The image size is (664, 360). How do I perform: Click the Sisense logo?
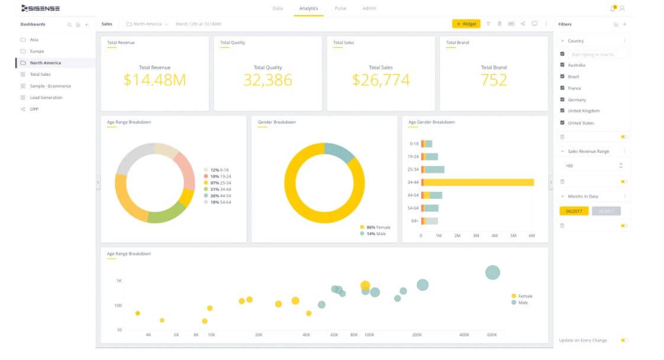point(40,8)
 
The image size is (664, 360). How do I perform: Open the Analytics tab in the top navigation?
point(308,8)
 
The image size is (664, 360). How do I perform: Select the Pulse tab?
point(340,8)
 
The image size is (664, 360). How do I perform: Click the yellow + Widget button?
point(466,24)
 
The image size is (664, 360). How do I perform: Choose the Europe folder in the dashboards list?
point(37,52)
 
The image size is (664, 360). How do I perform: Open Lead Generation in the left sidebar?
point(46,98)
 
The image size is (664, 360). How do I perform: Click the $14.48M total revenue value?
point(154,80)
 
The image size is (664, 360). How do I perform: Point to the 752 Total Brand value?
point(494,80)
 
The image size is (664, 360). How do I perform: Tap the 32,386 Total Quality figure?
point(267,80)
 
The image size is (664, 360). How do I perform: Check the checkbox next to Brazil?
point(562,76)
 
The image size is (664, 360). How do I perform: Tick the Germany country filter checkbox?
point(562,99)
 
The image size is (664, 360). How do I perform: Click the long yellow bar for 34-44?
point(479,182)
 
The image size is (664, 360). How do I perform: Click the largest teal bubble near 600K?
point(492,272)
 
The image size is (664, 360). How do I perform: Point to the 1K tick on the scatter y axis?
point(119,281)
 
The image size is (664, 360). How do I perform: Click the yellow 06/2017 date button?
point(573,211)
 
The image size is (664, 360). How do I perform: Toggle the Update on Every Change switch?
point(624,340)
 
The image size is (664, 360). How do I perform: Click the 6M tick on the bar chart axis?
point(531,236)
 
